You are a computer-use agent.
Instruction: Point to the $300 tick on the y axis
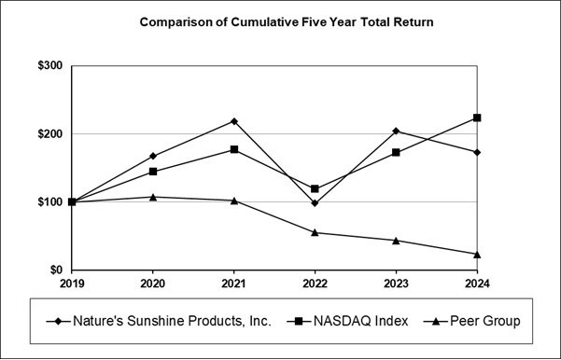tap(49, 66)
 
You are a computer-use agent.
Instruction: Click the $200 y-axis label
tap(49, 134)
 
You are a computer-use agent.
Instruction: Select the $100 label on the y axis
tap(49, 202)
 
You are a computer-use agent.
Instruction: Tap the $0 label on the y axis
tap(56, 270)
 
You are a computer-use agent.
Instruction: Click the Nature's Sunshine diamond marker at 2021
tap(233, 121)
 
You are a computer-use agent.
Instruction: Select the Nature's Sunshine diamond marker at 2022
tap(315, 203)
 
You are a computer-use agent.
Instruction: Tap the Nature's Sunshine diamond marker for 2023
tap(396, 131)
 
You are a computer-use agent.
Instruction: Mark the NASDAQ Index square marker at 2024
tap(477, 118)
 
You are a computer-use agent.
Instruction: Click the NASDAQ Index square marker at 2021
tap(233, 149)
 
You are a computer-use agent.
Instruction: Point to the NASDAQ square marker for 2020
tap(152, 172)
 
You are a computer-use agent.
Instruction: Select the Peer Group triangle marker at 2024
tap(477, 254)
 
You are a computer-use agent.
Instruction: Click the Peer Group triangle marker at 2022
tap(315, 232)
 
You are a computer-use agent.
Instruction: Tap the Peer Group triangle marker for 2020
tap(152, 197)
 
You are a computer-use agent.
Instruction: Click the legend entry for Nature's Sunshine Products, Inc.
tap(159, 321)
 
